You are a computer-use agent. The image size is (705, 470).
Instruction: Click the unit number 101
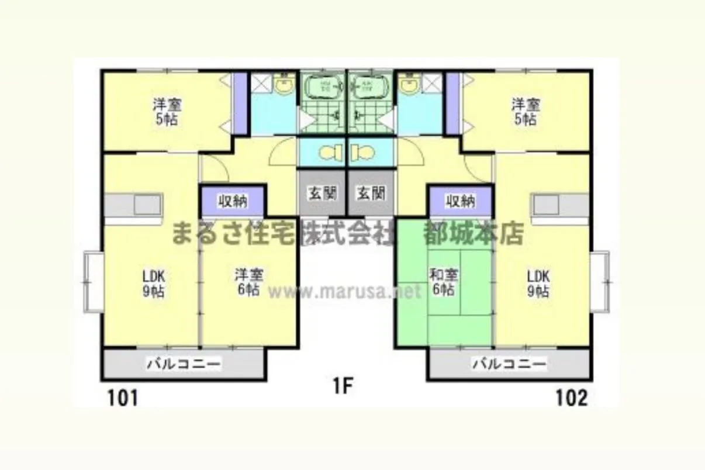tap(123, 398)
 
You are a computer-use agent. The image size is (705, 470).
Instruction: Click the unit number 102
tap(572, 398)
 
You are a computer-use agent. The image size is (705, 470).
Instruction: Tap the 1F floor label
tap(343, 386)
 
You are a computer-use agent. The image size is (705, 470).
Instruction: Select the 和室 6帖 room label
tap(444, 282)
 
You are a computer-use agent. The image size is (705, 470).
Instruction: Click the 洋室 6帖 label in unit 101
tap(249, 282)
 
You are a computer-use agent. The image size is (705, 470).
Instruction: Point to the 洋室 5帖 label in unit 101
tap(167, 112)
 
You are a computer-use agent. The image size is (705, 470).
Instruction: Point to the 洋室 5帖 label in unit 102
tap(526, 112)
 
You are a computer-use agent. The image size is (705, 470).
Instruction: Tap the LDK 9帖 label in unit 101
tap(154, 284)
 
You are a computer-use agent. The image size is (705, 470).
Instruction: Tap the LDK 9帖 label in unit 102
tap(538, 284)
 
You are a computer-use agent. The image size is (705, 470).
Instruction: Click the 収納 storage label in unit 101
tap(233, 202)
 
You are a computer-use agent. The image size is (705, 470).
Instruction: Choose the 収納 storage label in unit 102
tap(461, 202)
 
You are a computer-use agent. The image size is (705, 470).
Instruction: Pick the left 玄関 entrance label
tap(322, 193)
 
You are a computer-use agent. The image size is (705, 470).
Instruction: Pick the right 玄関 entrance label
tap(371, 193)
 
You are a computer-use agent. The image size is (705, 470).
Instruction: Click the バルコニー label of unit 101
tap(184, 364)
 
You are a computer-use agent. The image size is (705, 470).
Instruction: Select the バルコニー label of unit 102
tap(510, 364)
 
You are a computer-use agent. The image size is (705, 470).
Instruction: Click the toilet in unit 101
tap(331, 153)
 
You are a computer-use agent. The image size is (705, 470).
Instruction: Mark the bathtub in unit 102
tap(371, 85)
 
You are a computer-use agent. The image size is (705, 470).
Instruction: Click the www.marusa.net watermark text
tap(344, 292)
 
